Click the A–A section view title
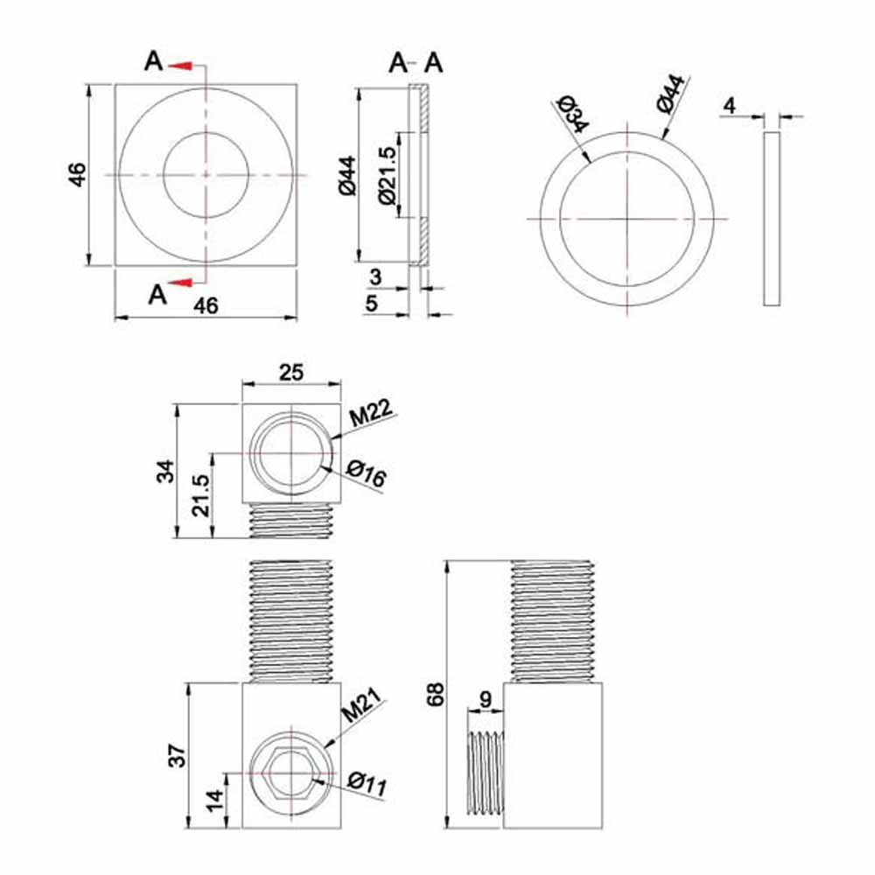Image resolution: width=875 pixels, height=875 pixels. pos(416,62)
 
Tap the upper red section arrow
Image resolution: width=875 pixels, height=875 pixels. pos(181,65)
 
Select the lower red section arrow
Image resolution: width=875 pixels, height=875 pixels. pos(181,282)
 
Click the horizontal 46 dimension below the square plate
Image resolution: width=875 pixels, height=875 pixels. pos(205,305)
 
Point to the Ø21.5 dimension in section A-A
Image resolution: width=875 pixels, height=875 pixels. pos(386,174)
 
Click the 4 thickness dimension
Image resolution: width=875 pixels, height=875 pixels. pos(729,106)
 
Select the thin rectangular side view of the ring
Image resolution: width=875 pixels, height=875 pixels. pos(771,219)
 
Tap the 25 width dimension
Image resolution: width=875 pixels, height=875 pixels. pos(290,372)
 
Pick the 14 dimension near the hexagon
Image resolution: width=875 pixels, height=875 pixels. pos(214,800)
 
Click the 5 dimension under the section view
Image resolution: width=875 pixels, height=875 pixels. pos(371,304)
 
